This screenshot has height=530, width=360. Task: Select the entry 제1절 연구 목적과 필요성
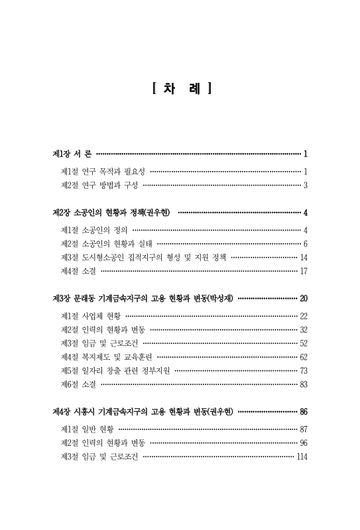click(x=103, y=171)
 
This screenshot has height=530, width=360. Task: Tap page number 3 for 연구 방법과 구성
click(x=305, y=185)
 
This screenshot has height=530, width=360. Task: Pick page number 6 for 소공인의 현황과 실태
click(x=305, y=244)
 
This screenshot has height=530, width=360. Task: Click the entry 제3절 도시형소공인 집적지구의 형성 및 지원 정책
click(x=143, y=257)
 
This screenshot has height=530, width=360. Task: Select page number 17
click(x=303, y=271)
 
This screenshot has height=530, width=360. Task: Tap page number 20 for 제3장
click(x=303, y=299)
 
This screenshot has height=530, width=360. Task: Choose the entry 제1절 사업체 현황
click(x=90, y=316)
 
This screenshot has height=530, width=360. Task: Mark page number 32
click(x=303, y=329)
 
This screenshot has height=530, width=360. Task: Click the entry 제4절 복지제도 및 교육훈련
click(x=106, y=356)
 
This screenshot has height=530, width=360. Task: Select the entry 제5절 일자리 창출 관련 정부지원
click(x=115, y=370)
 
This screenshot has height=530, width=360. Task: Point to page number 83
click(x=303, y=384)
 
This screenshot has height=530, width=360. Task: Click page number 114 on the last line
click(x=302, y=456)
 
